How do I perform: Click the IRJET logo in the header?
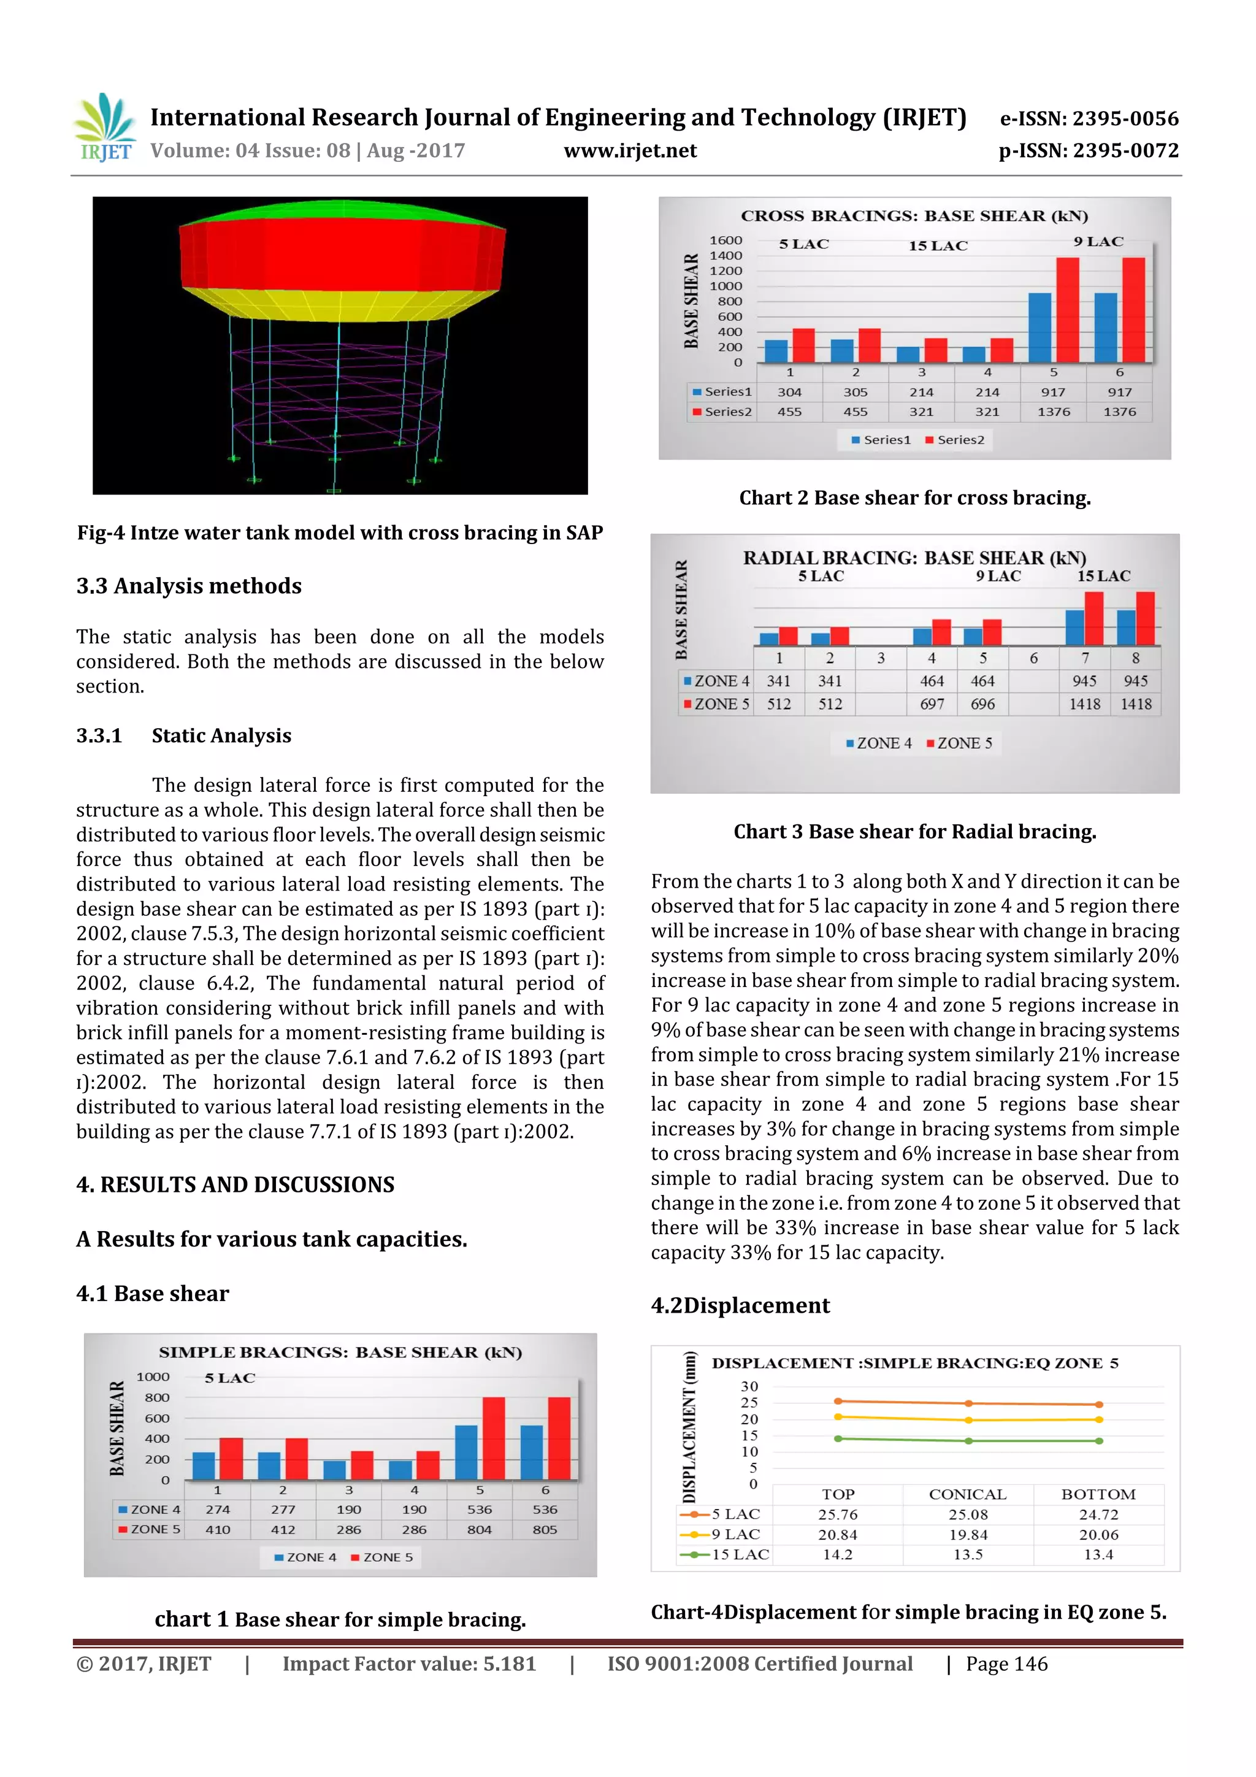104,128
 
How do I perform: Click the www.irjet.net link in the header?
630,151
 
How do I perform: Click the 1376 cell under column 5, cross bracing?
1053,412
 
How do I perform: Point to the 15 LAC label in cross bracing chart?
938,246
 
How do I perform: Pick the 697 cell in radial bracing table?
932,704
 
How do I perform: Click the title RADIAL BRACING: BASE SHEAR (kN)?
914,558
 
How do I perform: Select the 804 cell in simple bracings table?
479,1529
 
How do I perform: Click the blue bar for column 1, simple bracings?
204,1466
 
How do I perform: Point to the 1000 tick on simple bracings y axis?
153,1377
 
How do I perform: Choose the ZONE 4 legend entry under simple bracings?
305,1557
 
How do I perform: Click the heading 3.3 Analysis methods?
189,586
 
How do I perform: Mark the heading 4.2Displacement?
740,1306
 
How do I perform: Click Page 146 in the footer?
1006,1664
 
